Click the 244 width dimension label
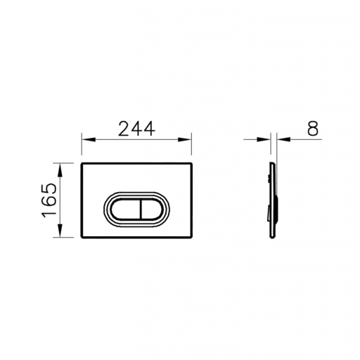point(136,129)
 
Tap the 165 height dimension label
point(49,200)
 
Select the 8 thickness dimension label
point(313,129)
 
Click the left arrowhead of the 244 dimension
point(89,140)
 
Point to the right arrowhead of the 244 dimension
point(184,140)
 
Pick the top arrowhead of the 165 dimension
point(60,170)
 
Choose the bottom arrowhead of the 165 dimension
point(60,231)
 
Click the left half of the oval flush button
point(126,210)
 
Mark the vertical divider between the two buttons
point(141,210)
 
